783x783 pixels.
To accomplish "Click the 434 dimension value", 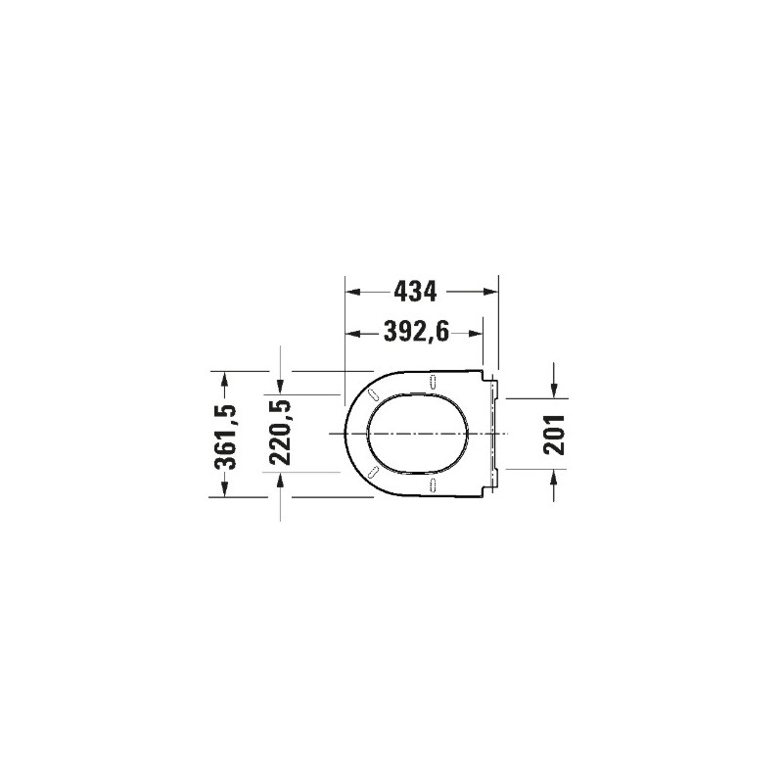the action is point(415,292).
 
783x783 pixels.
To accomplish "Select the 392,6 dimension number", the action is point(417,332).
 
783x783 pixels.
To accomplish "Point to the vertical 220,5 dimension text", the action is point(280,433).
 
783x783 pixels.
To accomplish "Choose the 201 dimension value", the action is point(554,435).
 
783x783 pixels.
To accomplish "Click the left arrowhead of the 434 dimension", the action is point(353,292).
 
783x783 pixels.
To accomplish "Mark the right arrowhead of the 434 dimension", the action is point(490,292).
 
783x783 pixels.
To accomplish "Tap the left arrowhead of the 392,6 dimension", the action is point(353,333).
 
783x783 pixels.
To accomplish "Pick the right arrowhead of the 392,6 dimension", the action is point(475,333).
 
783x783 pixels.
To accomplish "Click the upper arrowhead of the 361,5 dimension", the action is point(225,380).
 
